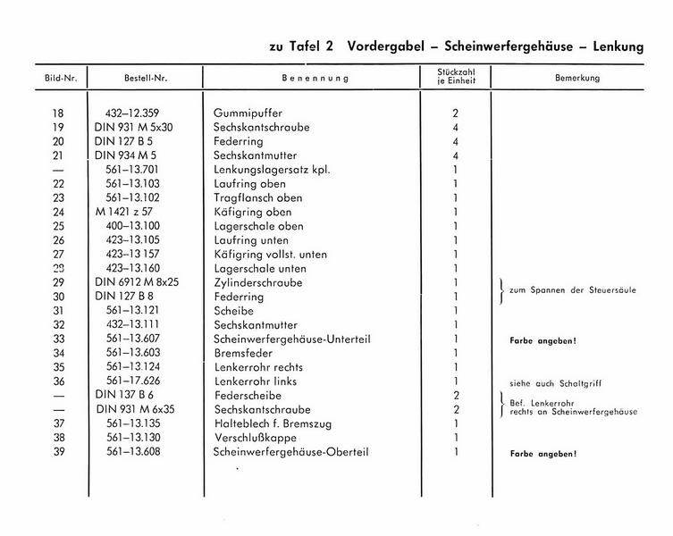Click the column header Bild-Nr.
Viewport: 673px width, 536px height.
pos(62,79)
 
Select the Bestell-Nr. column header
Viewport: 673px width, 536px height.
pos(146,79)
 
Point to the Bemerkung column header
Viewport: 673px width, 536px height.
pos(576,79)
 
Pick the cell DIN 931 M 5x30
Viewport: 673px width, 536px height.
pos(135,128)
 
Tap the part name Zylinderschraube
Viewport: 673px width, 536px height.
pos(258,283)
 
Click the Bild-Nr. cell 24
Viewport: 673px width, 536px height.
pos(59,213)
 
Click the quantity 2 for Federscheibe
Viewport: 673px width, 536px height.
pos(455,396)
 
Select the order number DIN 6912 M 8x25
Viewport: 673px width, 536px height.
pos(137,283)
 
